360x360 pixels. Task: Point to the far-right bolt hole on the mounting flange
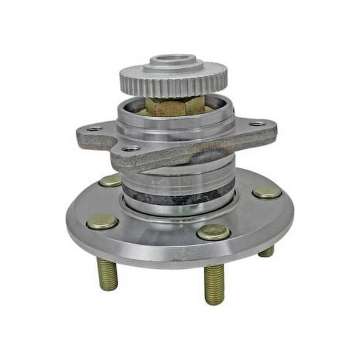257,124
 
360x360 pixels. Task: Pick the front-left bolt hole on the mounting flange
131,149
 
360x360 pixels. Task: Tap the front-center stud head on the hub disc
213,232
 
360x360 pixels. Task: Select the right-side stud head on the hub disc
267,192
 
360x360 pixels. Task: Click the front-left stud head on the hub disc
102,222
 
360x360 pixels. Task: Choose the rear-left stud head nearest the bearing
111,181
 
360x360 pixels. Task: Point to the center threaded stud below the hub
214,284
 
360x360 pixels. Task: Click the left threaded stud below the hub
107,274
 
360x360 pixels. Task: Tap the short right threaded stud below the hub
267,251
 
